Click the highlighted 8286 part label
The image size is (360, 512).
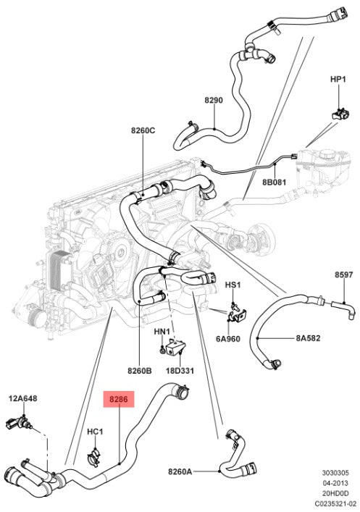click(119, 399)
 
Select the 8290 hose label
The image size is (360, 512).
click(214, 100)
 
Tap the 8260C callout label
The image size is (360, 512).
click(143, 130)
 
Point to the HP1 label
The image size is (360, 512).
click(338, 80)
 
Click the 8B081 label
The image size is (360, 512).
click(274, 182)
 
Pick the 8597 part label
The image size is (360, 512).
click(343, 275)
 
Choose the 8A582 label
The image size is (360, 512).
click(308, 338)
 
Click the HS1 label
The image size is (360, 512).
click(233, 285)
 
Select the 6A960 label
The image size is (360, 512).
click(227, 339)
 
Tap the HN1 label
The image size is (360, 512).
click(162, 332)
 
